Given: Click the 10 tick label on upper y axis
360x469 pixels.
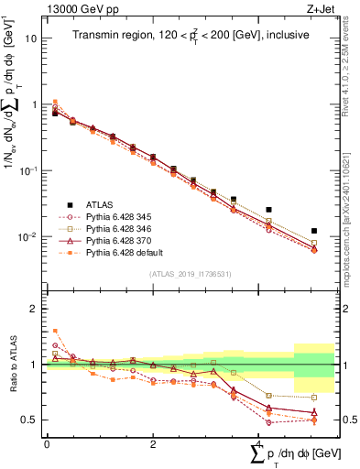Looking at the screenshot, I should (x=31, y=39).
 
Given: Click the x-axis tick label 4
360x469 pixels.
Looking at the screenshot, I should (x=259, y=443).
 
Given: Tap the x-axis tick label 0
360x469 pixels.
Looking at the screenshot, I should (x=47, y=443).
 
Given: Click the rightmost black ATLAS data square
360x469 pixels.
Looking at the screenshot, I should (x=314, y=231).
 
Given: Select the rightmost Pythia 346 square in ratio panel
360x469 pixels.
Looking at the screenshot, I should (x=314, y=398).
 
